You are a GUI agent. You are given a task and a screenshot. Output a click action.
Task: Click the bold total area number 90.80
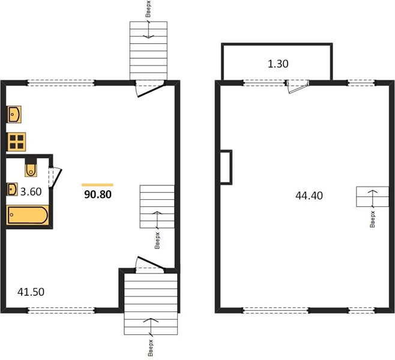coord(98,194)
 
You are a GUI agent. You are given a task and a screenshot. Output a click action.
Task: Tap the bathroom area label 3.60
coord(31,192)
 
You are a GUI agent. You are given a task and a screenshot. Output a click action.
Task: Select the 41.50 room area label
coord(31,292)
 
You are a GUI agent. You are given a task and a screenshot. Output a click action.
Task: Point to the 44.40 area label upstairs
coord(309,196)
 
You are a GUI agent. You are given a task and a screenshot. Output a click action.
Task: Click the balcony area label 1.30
coord(278,64)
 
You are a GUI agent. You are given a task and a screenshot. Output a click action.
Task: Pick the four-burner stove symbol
coord(16,142)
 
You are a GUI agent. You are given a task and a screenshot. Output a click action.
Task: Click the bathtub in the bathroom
coord(28,215)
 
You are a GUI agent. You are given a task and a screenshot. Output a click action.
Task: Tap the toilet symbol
coord(31,170)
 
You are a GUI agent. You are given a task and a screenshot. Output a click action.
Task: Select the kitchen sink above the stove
coord(14,114)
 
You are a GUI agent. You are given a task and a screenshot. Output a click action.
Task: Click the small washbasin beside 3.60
coord(12,189)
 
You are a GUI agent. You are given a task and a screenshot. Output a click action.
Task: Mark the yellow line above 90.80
coord(97,185)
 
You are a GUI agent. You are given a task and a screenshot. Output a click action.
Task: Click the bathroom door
coord(55,178)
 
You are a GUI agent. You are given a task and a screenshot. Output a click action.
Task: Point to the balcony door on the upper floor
coord(297,86)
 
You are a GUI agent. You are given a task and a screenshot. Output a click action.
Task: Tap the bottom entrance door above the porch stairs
coord(150,265)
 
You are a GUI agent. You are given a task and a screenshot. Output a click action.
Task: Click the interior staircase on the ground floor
coord(157,206)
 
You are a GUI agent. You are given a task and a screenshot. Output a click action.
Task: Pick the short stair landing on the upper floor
coord(372,197)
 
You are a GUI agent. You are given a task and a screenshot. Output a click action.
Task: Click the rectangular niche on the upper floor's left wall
coord(226,167)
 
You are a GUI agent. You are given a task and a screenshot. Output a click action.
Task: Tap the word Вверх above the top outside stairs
coord(148,9)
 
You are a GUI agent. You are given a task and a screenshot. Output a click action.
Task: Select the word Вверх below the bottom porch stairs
coord(151,348)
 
